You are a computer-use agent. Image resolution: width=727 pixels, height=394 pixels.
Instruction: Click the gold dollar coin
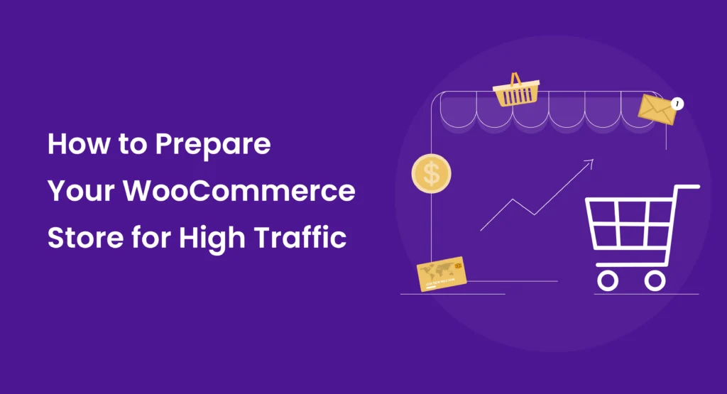pos(430,173)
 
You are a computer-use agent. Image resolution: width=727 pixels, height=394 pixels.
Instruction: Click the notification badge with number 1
pos(677,104)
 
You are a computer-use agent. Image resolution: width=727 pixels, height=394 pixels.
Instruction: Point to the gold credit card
pos(441,274)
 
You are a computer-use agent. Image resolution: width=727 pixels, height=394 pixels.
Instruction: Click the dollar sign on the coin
pos(430,173)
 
